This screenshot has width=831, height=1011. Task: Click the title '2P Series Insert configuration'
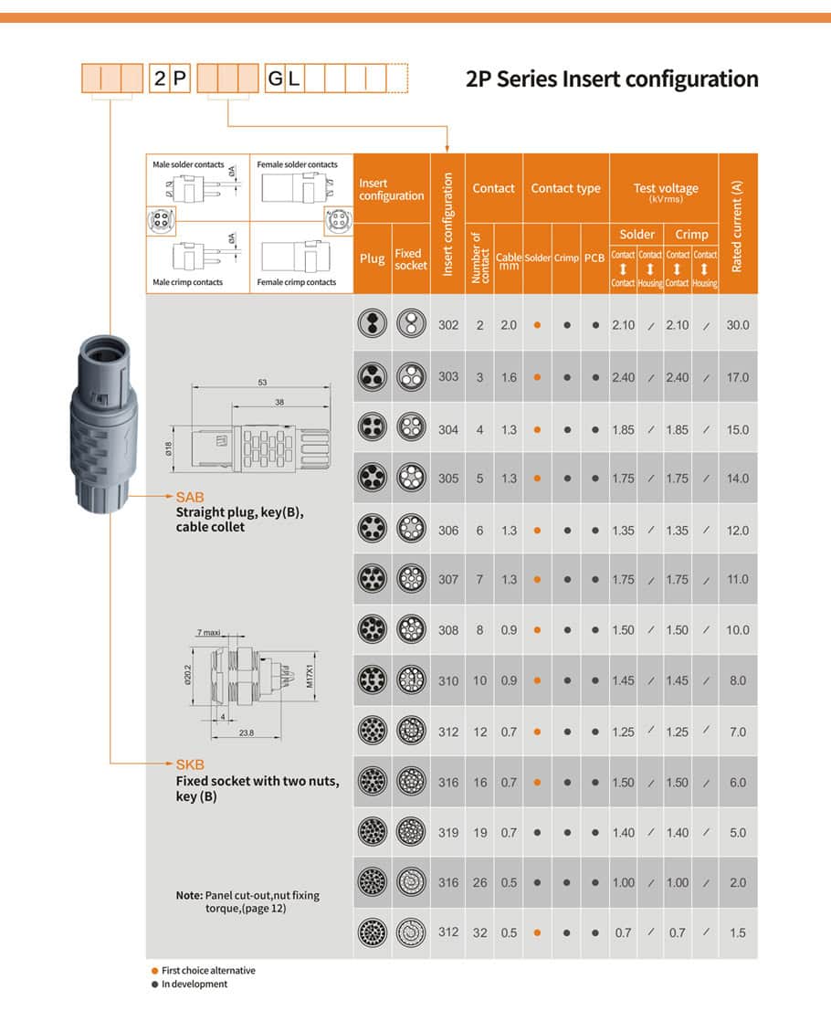click(x=612, y=79)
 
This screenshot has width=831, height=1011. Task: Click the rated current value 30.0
click(x=738, y=325)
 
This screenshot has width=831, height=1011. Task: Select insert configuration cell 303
click(x=448, y=377)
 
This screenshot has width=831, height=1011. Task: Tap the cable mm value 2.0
click(x=509, y=325)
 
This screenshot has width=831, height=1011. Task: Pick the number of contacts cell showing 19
click(x=480, y=833)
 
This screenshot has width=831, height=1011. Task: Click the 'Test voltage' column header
click(x=665, y=189)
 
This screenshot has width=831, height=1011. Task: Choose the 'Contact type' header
click(x=565, y=189)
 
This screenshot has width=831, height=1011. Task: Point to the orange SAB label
click(x=190, y=498)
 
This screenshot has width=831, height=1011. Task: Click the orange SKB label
click(x=190, y=764)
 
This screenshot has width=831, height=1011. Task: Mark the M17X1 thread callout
click(x=310, y=676)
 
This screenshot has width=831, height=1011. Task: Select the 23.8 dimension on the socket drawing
click(x=246, y=732)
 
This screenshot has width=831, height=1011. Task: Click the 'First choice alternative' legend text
click(x=208, y=971)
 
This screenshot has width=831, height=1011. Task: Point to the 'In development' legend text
click(x=195, y=985)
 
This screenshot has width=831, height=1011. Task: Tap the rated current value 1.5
click(x=738, y=933)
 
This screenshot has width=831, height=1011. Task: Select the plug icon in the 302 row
click(x=373, y=324)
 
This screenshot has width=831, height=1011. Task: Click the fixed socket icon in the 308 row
click(x=412, y=629)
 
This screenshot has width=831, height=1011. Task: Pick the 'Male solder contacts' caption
click(x=188, y=165)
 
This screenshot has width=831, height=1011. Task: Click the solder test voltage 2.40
click(x=623, y=377)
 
